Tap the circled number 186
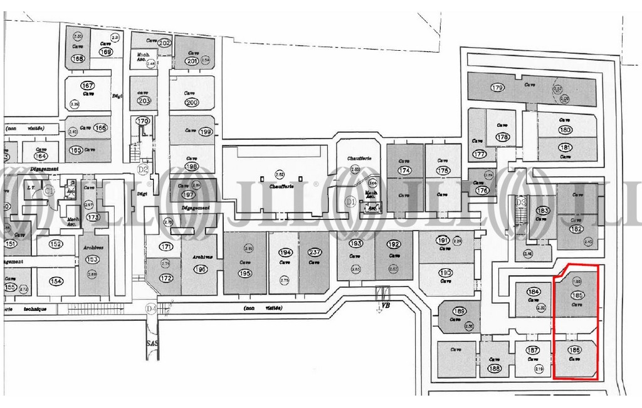tap(573, 350)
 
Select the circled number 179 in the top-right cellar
tap(498, 87)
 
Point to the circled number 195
tap(245, 274)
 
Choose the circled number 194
tap(285, 253)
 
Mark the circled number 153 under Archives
tap(92, 259)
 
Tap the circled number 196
tap(200, 269)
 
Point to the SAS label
tap(150, 345)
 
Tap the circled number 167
tap(88, 85)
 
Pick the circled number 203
tap(144, 100)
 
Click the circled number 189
tap(459, 311)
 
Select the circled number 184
tap(534, 291)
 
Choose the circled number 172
tap(166, 278)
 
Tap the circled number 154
tap(56, 281)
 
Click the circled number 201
tap(192, 61)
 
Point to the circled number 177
tap(480, 154)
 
